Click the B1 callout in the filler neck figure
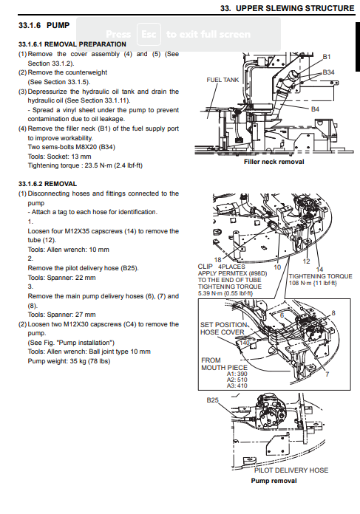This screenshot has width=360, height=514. point(327,57)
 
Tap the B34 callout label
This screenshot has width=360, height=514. point(328,72)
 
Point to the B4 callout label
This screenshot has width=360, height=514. point(315,109)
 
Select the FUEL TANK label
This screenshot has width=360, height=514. point(223,80)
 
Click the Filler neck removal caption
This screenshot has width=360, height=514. point(274,162)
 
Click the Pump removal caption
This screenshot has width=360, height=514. point(274,481)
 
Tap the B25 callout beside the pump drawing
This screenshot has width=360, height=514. point(213,400)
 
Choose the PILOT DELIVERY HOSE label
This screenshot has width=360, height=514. point(291,470)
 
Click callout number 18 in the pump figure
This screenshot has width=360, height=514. point(217,260)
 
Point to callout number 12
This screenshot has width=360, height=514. point(307,261)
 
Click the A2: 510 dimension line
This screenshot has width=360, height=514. point(237,380)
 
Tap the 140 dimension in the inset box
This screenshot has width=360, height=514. point(245,343)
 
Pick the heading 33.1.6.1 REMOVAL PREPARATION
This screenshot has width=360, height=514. point(72,44)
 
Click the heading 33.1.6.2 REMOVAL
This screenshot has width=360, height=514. point(47,184)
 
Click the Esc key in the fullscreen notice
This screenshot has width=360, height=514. point(149,34)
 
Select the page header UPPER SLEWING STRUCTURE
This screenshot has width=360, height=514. point(296,8)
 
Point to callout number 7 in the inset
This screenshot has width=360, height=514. point(327,374)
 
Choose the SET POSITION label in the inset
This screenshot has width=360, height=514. point(223,325)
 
